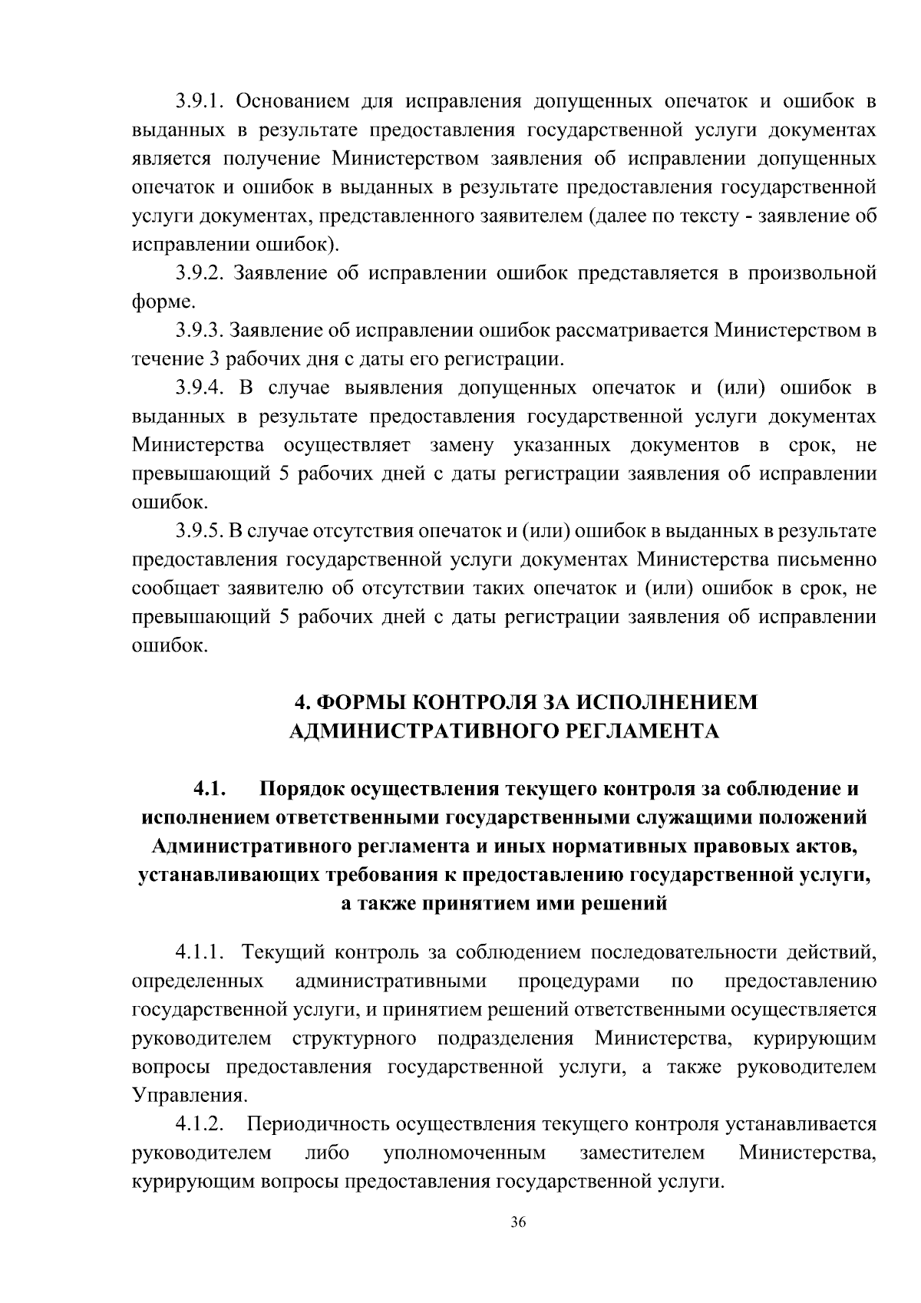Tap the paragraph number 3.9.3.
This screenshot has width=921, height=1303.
199,331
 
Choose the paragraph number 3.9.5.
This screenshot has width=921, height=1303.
199,531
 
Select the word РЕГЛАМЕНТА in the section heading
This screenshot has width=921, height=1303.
640,731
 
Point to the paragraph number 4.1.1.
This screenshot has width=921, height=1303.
199,953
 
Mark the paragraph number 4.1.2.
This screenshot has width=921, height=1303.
199,1125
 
